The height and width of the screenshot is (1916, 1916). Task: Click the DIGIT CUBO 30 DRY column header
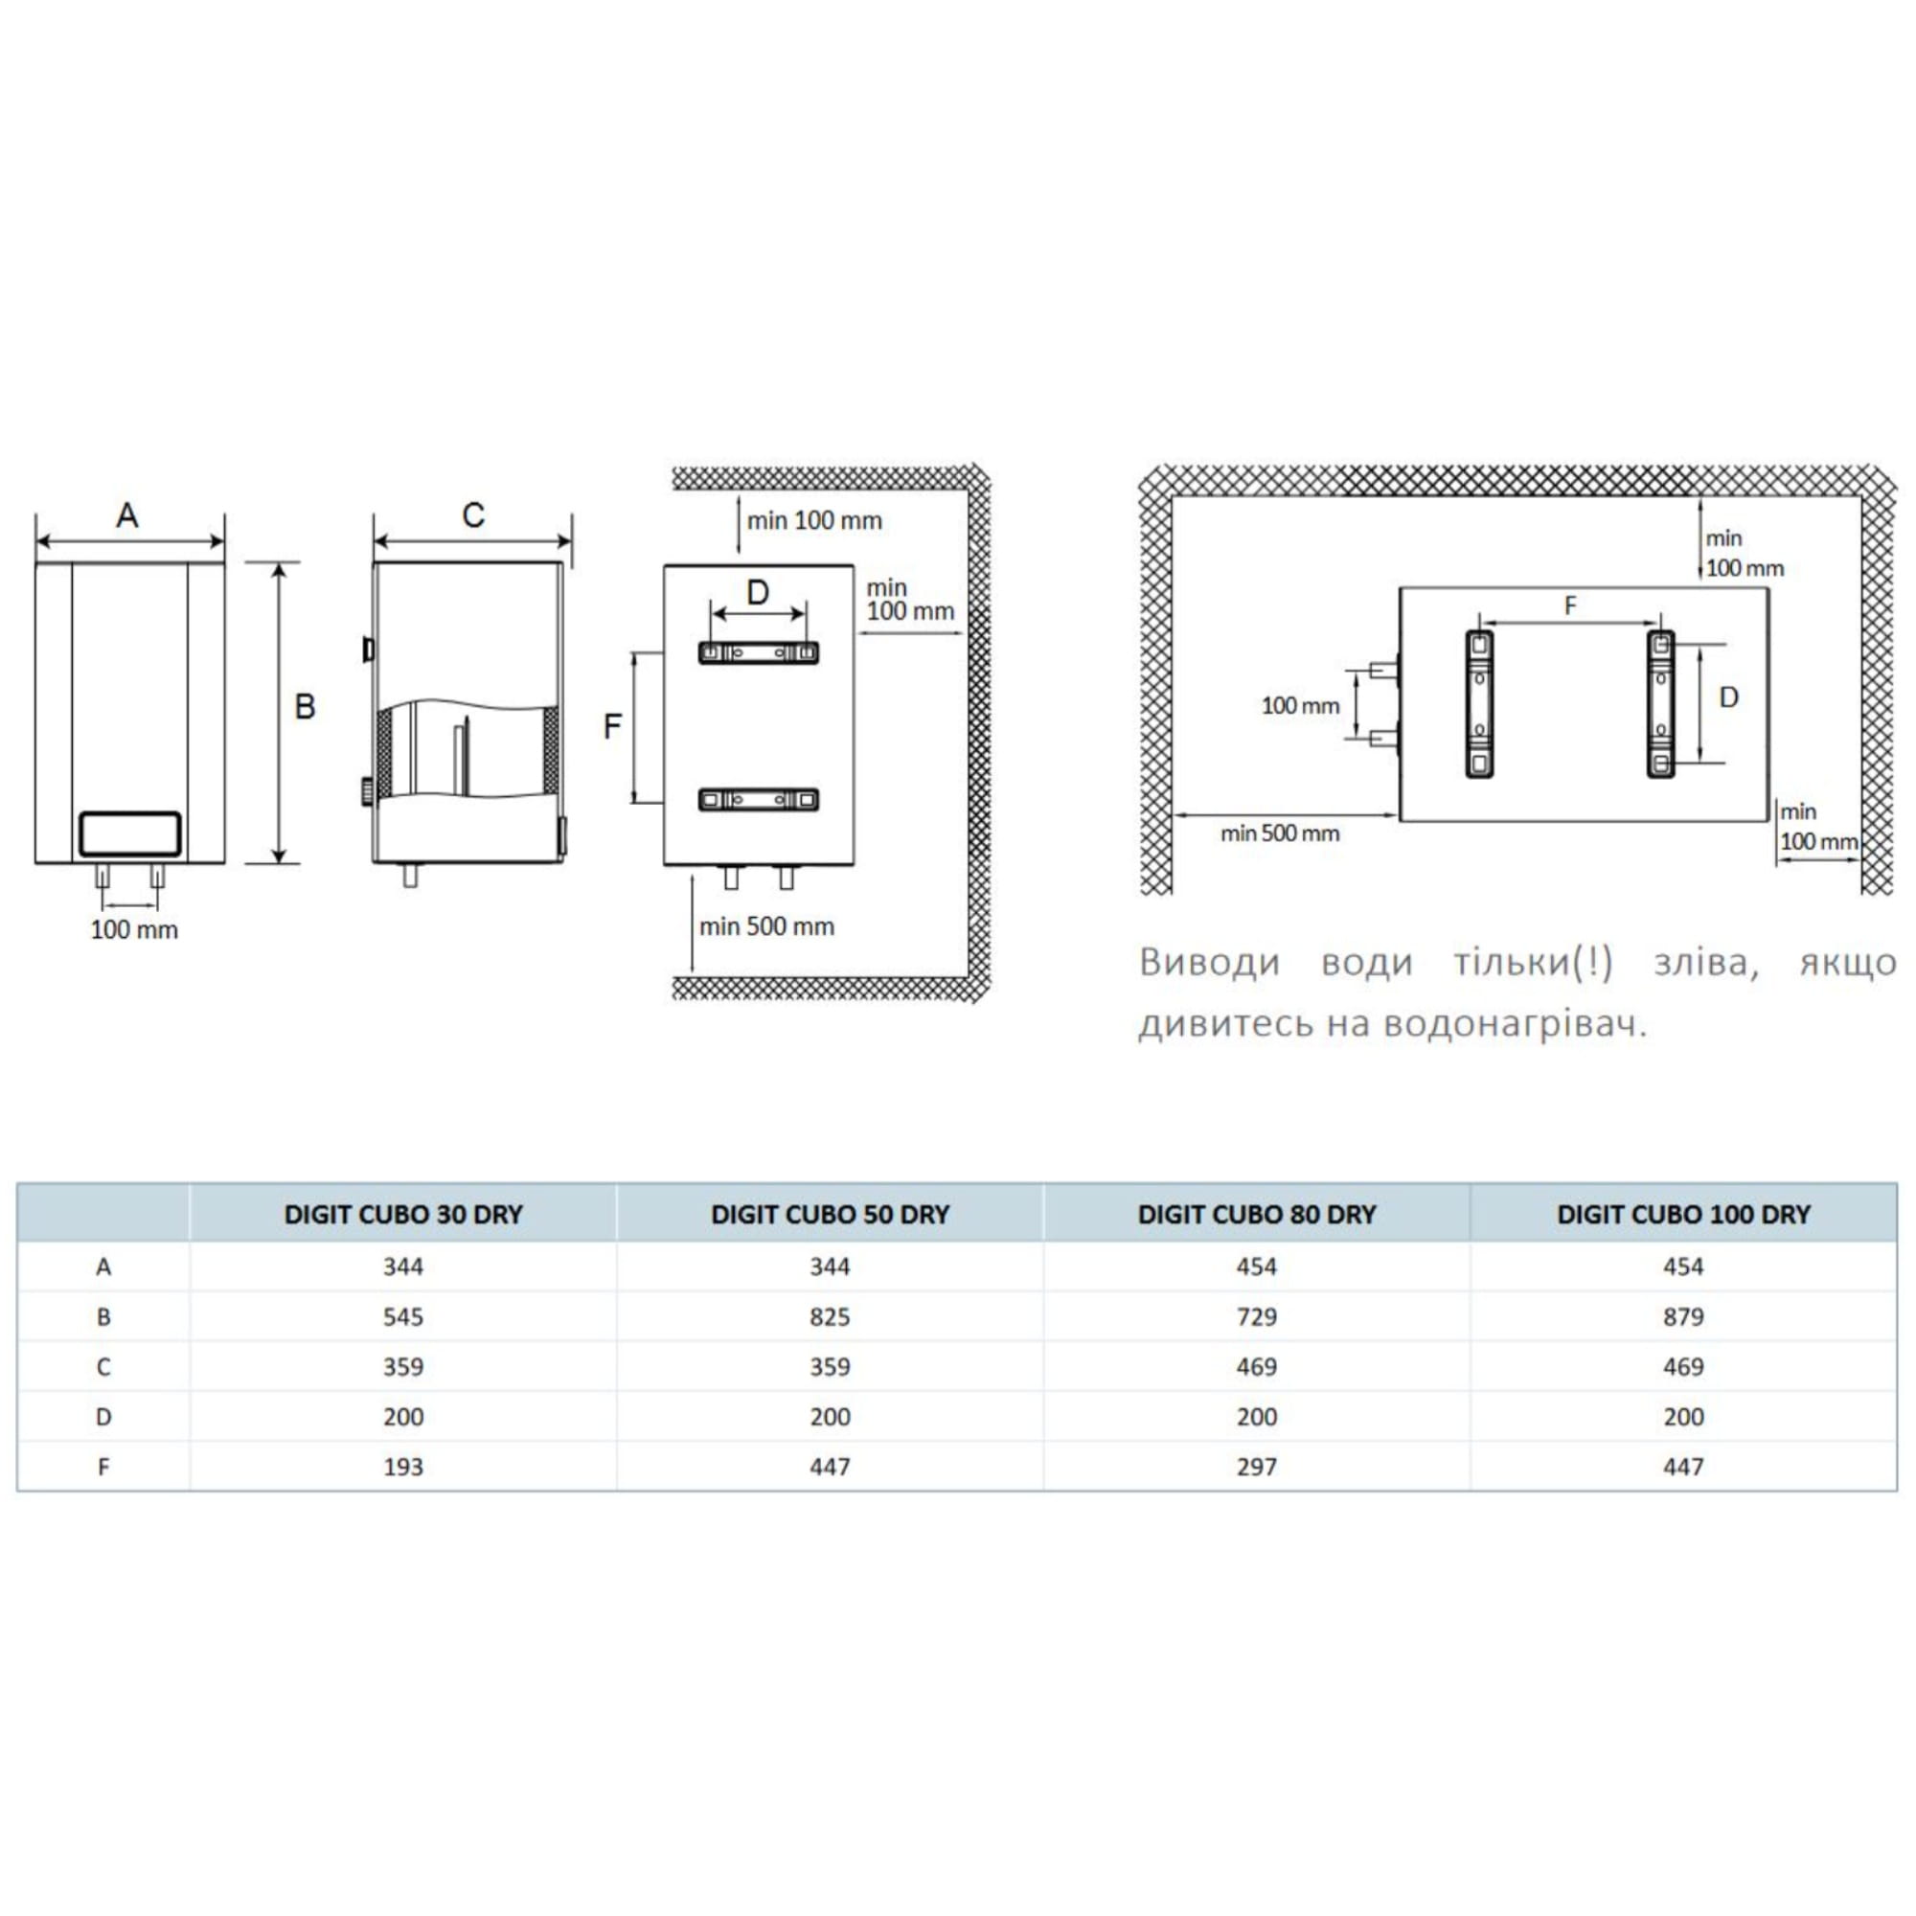point(402,1214)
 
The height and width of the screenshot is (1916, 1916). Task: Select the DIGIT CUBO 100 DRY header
point(1683,1214)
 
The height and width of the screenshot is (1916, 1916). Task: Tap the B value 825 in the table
point(829,1317)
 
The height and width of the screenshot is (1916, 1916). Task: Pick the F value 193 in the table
point(402,1467)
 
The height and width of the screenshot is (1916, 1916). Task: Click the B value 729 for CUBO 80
point(1257,1317)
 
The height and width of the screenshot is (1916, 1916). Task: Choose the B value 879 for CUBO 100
point(1683,1317)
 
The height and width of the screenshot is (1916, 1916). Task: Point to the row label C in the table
point(103,1367)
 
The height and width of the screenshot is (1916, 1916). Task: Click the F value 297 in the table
point(1257,1467)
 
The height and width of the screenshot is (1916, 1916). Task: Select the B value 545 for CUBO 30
point(402,1317)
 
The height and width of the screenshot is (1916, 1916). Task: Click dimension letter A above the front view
point(127,514)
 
